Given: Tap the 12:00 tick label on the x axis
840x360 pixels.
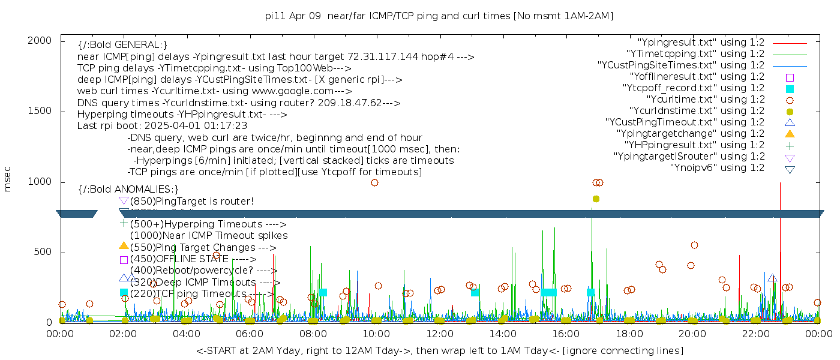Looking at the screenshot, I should (x=439, y=333).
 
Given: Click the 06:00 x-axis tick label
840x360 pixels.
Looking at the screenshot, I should (x=250, y=333).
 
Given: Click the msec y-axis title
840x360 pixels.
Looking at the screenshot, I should (x=8, y=181).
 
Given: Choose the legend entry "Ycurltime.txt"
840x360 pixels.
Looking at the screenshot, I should (x=705, y=100).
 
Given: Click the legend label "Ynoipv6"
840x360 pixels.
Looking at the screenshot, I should (x=717, y=168).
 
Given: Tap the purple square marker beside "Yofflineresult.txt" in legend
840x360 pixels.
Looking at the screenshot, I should (x=790, y=77).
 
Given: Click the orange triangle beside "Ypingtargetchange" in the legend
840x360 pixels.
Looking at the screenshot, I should (x=790, y=134).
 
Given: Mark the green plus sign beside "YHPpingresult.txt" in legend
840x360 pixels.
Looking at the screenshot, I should (x=790, y=145).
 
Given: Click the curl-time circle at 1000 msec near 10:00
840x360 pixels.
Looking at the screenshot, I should (x=374, y=182).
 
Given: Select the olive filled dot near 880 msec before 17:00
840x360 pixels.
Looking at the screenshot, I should (x=596, y=199).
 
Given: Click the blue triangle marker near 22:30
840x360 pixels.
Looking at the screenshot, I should (x=772, y=278).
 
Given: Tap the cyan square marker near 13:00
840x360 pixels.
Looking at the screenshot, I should (x=475, y=292).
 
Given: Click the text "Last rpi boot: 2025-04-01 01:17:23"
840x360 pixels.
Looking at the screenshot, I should (x=162, y=126).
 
